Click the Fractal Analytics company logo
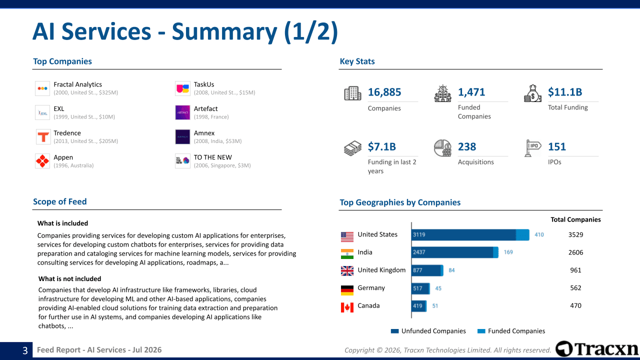pos(42,88)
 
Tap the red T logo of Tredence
pos(42,137)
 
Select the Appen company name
pos(63,157)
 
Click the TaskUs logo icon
pos(182,88)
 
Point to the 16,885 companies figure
pos(384,92)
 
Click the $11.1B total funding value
pos(565,92)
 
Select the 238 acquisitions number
pos(467,146)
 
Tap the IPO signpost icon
pos(532,148)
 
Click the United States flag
pos(347,236)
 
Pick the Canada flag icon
pos(347,307)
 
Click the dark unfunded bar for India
pos(452,252)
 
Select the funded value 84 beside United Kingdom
pos(451,270)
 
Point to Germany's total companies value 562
pos(575,288)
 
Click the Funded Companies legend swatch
pos(481,331)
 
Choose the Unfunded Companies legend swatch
pos(394,331)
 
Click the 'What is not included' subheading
pos(69,279)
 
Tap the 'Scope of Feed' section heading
pos(59,201)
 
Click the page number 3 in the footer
pos(25,350)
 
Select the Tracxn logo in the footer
pos(596,349)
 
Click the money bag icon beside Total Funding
pos(532,93)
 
